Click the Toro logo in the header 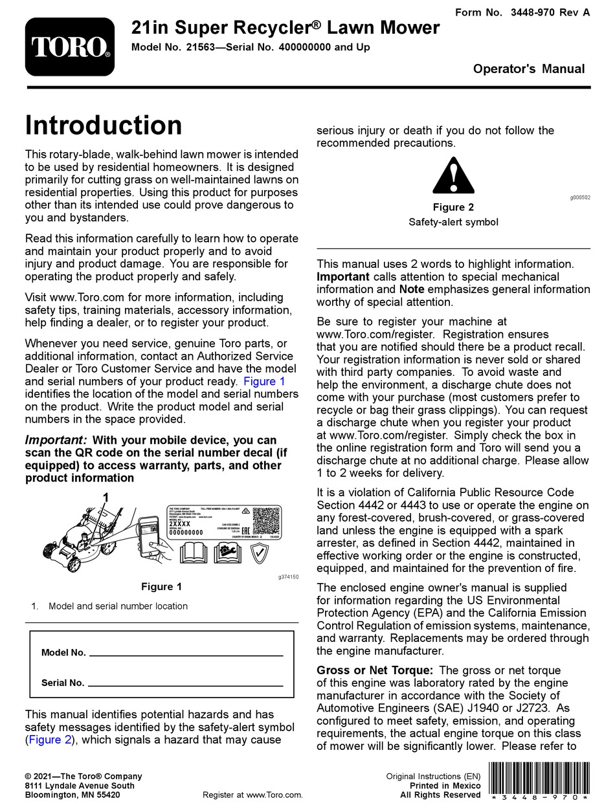pyautogui.click(x=70, y=47)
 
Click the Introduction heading pyautogui.click(x=104, y=126)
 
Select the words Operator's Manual pyautogui.click(x=529, y=69)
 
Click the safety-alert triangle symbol pyautogui.click(x=453, y=176)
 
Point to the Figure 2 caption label pyautogui.click(x=453, y=207)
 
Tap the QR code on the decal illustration pyautogui.click(x=265, y=520)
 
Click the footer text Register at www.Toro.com pyautogui.click(x=252, y=795)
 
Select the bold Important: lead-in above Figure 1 pyautogui.click(x=56, y=440)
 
